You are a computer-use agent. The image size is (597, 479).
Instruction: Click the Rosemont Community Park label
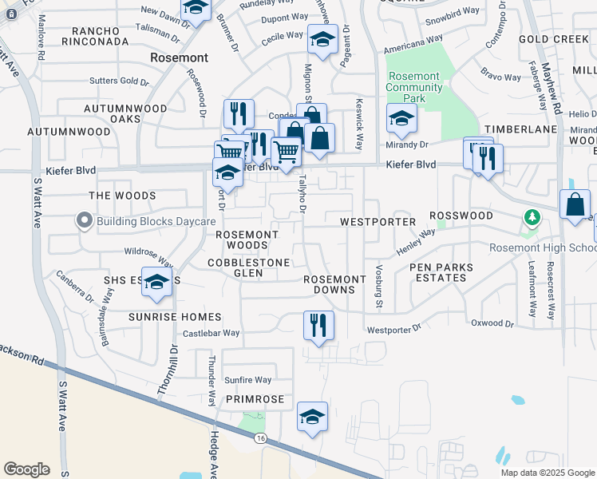coord(413,87)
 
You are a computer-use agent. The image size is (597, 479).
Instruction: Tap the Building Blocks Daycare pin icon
coord(85,221)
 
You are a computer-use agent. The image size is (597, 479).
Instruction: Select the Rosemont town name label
coord(180,58)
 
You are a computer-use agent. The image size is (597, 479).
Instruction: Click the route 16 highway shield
coord(260,438)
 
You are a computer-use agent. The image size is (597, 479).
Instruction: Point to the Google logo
coord(26,469)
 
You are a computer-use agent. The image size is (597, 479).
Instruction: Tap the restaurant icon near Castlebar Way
coord(318,325)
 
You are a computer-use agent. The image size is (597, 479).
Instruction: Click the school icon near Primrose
coord(312,416)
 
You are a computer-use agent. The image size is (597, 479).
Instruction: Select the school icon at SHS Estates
coord(157,282)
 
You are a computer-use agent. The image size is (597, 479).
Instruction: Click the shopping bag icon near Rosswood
coord(575,204)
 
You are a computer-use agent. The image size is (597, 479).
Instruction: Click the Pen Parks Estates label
coord(441,272)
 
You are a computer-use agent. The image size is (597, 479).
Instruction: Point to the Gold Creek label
coord(553,39)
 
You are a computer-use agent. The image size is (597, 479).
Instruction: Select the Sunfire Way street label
coord(247,380)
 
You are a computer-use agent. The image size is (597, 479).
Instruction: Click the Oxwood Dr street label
coord(492,323)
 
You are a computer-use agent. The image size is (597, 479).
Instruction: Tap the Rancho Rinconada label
coord(101,36)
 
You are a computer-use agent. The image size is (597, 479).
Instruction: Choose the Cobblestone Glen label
coord(248,267)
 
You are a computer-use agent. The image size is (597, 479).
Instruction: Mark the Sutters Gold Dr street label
coord(120,81)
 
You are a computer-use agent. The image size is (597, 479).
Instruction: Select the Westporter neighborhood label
coord(378,221)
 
